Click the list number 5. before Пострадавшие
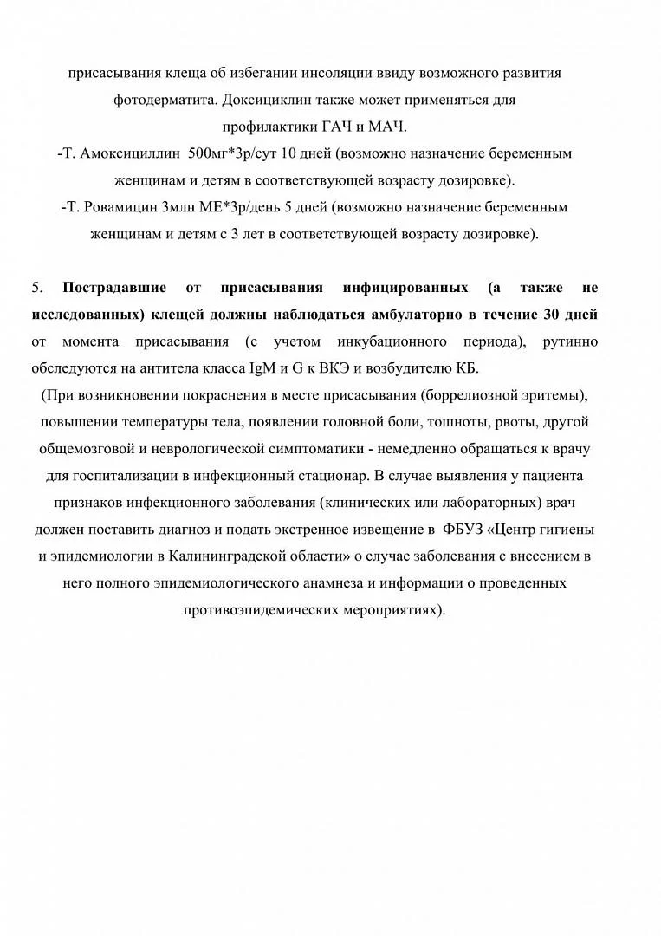point(37,287)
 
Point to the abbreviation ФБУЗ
point(461,529)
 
